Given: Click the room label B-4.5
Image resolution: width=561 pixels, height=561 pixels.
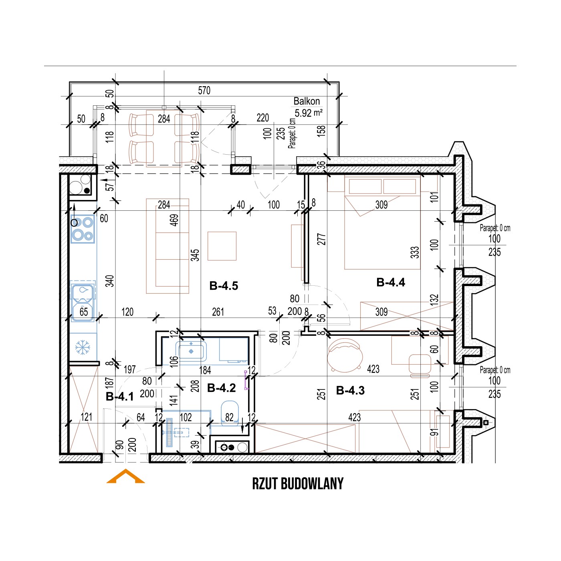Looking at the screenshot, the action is [x=224, y=286].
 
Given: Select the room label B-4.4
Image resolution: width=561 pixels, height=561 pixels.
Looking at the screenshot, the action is [x=390, y=282].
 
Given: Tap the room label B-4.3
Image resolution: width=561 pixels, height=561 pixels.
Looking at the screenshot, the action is [x=350, y=390].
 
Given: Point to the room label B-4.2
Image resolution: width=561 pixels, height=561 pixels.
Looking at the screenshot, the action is [x=221, y=388].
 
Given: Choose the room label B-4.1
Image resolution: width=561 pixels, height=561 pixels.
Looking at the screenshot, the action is [x=120, y=397].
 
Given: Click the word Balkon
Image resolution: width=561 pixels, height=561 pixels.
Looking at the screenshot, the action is [x=307, y=101].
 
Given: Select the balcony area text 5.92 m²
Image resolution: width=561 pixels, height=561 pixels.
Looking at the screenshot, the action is [x=308, y=113].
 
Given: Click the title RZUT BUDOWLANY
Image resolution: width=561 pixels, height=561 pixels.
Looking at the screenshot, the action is [x=298, y=484].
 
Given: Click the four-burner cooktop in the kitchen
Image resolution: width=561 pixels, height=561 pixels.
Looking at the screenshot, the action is [x=83, y=229].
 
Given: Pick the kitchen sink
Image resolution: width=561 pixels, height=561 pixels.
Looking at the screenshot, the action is [x=83, y=303].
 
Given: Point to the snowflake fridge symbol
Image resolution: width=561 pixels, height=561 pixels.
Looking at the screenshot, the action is [x=83, y=347].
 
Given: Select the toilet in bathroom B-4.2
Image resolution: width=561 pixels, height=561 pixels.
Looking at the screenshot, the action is [x=230, y=414].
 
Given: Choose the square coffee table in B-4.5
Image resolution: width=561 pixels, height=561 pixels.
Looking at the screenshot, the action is [x=222, y=246].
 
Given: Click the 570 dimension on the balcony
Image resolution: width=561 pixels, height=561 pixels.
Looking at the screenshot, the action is [x=204, y=91].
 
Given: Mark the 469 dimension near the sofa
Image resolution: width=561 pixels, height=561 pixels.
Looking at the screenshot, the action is [x=174, y=220].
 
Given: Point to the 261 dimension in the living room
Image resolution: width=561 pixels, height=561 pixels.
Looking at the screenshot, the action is [x=218, y=312].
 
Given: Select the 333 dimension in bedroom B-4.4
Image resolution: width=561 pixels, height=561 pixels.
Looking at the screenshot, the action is [x=415, y=252].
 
